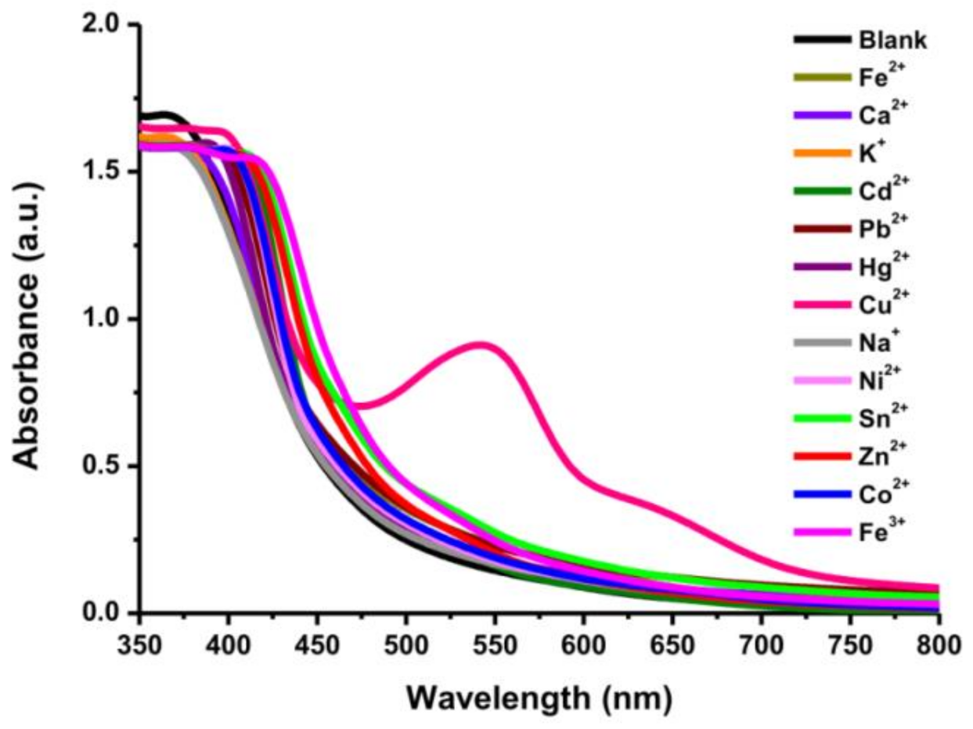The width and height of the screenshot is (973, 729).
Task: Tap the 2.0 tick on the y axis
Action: pos(106,24)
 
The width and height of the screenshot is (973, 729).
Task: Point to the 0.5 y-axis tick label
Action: pos(106,466)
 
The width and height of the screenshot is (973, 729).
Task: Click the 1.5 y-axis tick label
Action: pos(106,171)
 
